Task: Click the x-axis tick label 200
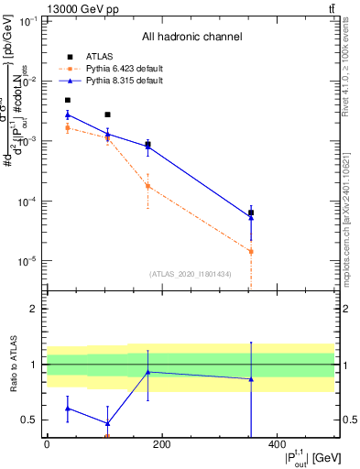tap(162, 444)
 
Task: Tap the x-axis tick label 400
tap(277, 444)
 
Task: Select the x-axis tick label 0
tap(47, 444)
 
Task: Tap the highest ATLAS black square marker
tap(68, 100)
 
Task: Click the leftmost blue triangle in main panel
tap(68, 115)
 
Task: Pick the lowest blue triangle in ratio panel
tap(108, 423)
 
